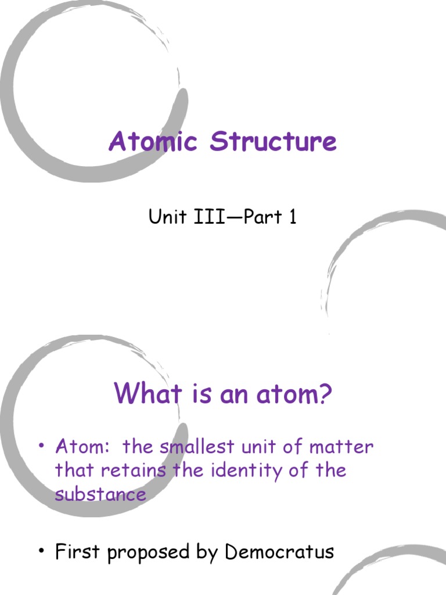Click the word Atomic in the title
coord(153,141)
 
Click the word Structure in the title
coord(273,141)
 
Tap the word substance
coord(100,494)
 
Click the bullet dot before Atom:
coord(41,447)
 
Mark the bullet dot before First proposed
coord(41,551)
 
